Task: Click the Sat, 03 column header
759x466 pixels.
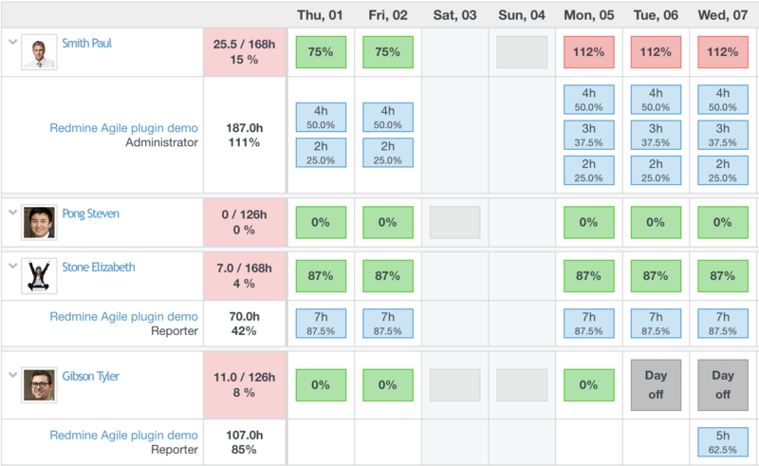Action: click(x=454, y=14)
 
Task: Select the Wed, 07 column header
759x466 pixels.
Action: click(x=723, y=14)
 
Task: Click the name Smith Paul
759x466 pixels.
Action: click(x=86, y=44)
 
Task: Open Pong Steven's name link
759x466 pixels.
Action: click(x=90, y=214)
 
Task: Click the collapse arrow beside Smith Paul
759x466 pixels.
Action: click(x=11, y=43)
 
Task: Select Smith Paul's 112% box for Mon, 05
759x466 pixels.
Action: click(x=588, y=52)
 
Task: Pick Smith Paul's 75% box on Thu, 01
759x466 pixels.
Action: click(x=321, y=52)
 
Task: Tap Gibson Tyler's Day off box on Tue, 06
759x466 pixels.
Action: click(x=656, y=385)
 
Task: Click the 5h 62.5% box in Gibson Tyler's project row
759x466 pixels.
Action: click(x=723, y=441)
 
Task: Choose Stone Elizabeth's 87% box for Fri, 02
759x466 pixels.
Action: click(x=387, y=276)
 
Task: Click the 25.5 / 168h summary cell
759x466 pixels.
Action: click(x=244, y=51)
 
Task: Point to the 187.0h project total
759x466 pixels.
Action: click(x=244, y=127)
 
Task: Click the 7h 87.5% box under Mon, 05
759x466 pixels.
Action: click(x=588, y=323)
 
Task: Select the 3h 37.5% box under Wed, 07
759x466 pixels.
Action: click(x=723, y=135)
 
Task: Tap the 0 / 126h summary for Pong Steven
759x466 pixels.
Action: click(x=244, y=221)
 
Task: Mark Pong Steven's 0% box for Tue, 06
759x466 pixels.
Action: click(x=656, y=222)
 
